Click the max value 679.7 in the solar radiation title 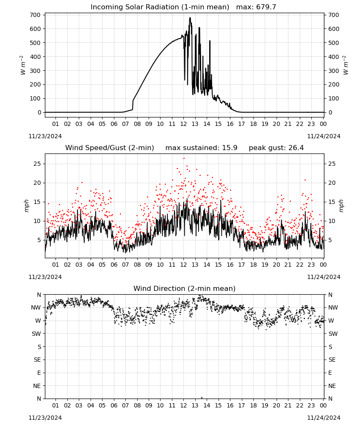click(266, 7)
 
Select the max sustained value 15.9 click(230, 148)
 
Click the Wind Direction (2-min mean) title click(185, 288)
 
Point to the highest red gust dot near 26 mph click(184, 159)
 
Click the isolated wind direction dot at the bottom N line click(202, 398)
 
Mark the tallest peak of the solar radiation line click(190, 18)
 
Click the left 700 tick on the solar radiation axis click(36, 15)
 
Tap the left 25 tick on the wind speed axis click(37, 164)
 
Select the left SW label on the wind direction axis click(36, 334)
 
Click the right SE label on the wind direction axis click(332, 360)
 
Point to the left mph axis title click(26, 206)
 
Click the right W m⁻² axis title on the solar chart click(346, 65)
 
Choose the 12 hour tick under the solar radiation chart click(183, 124)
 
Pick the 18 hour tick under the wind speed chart click(253, 265)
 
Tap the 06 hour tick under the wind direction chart click(114, 405)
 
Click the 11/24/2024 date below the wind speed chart click(324, 277)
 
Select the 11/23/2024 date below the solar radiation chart click(45, 136)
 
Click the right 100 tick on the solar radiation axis click(334, 98)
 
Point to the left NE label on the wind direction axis click(37, 386)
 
